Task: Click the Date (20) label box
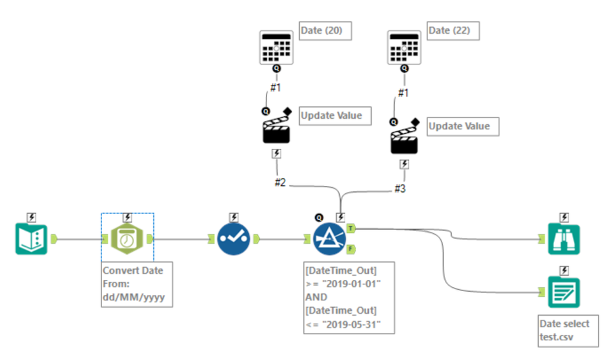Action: tap(326, 30)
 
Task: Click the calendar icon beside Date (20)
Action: tap(276, 46)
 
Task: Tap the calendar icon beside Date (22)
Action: tap(404, 46)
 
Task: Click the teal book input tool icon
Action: tap(31, 239)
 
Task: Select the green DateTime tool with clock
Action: tap(127, 239)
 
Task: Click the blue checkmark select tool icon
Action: tap(233, 239)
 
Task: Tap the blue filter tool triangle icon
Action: tap(329, 239)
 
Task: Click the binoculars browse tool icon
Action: tap(564, 239)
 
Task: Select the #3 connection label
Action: tap(400, 189)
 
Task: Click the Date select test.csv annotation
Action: tap(565, 329)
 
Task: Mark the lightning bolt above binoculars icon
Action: tap(564, 217)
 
